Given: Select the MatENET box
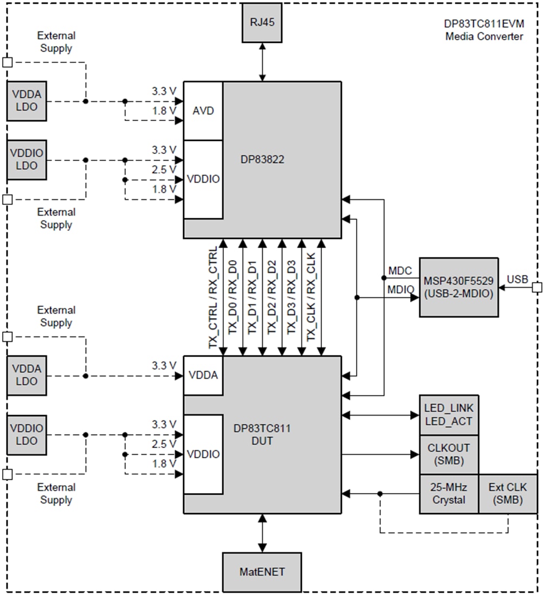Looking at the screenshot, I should click(x=262, y=571).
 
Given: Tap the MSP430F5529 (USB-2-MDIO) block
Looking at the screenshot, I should click(x=458, y=287).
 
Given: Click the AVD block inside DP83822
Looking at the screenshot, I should click(x=203, y=111).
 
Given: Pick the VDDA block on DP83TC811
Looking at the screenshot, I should click(x=203, y=375).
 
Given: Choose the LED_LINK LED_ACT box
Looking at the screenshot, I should click(x=449, y=414).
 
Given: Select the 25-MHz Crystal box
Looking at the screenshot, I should click(x=449, y=494).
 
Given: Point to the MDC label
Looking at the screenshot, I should click(x=400, y=270).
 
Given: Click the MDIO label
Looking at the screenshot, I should click(x=401, y=290).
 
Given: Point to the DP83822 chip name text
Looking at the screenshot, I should click(x=262, y=160).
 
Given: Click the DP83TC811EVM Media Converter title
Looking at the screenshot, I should click(x=484, y=31).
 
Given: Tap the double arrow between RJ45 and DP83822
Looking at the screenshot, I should click(x=262, y=62).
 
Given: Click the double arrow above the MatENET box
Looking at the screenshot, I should click(x=262, y=533).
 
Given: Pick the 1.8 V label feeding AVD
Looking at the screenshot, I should click(x=165, y=110).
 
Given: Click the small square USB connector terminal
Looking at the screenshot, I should click(x=537, y=287).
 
